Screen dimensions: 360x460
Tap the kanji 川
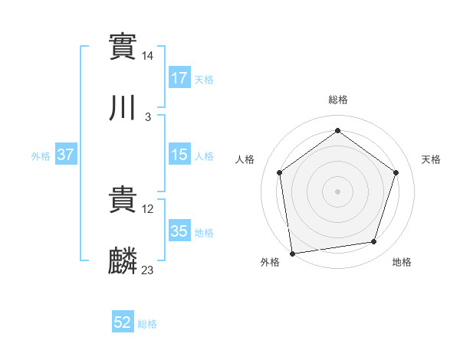point(123,108)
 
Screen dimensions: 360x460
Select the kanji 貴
point(123,200)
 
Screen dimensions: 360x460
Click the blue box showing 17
point(179,78)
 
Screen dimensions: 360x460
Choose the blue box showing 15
point(179,155)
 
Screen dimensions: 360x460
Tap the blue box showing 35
point(179,231)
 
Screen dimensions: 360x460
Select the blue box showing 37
point(66,155)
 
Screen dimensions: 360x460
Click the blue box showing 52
point(123,323)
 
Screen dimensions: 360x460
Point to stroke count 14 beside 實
point(148,56)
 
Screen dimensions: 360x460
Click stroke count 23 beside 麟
point(148,270)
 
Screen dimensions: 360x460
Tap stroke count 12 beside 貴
point(148,208)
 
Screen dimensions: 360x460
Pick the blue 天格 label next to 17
point(204,80)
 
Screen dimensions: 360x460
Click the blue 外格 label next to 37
point(41,156)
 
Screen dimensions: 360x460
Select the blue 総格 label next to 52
point(147,325)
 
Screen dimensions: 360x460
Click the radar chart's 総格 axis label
point(337,100)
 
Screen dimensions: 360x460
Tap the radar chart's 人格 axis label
point(245,159)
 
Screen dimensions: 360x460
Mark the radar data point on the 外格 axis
point(292,252)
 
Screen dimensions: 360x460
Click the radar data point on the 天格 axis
point(396,172)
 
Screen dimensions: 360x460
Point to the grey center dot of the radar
point(337,191)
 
